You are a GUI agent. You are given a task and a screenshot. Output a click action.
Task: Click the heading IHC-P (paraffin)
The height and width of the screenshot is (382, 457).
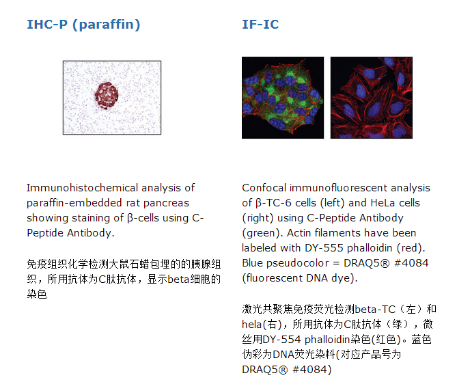click(x=83, y=25)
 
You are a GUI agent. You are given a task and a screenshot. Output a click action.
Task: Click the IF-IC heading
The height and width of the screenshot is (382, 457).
click(x=260, y=24)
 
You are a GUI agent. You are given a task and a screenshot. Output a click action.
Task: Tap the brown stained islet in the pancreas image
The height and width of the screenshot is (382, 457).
click(x=106, y=96)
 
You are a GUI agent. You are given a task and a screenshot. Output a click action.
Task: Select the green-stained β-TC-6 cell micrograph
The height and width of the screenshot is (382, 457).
click(x=283, y=98)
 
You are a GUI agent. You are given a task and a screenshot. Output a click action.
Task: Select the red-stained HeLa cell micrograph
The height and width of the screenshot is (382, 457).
click(x=372, y=98)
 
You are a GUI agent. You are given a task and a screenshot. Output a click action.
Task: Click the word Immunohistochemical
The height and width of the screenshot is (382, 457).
click(x=82, y=188)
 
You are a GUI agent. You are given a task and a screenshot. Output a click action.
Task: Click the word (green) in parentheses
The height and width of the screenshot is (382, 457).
click(x=262, y=233)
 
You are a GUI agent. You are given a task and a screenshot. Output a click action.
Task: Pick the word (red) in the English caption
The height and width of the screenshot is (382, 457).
click(x=411, y=248)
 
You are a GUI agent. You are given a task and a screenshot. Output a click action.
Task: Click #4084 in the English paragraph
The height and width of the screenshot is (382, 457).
click(x=411, y=263)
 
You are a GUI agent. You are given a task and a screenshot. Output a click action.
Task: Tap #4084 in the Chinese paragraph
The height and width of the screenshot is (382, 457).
click(x=312, y=370)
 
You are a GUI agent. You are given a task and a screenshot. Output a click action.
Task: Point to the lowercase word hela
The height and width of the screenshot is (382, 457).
click(x=252, y=325)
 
